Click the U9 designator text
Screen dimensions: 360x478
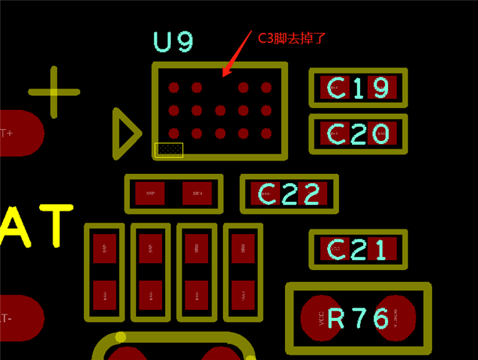[x=174, y=42]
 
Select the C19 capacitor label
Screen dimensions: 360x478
[x=359, y=88]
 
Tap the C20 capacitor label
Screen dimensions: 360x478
[x=359, y=134]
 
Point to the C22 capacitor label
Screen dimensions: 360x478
[x=290, y=194]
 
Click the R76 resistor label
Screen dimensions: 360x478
[x=359, y=319]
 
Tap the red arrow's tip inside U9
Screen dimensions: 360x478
[x=223, y=76]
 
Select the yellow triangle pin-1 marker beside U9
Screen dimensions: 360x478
[x=125, y=133]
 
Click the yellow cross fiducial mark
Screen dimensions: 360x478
[x=54, y=92]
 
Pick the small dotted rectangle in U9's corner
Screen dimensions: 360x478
[x=169, y=150]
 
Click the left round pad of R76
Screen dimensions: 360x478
[x=323, y=319]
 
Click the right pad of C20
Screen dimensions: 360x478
[x=383, y=134]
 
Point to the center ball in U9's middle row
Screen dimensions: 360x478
[x=220, y=111]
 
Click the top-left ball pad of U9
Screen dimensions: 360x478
[x=174, y=88]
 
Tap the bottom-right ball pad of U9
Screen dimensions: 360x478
[x=266, y=134]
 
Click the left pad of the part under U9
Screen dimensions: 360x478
[x=150, y=194]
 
